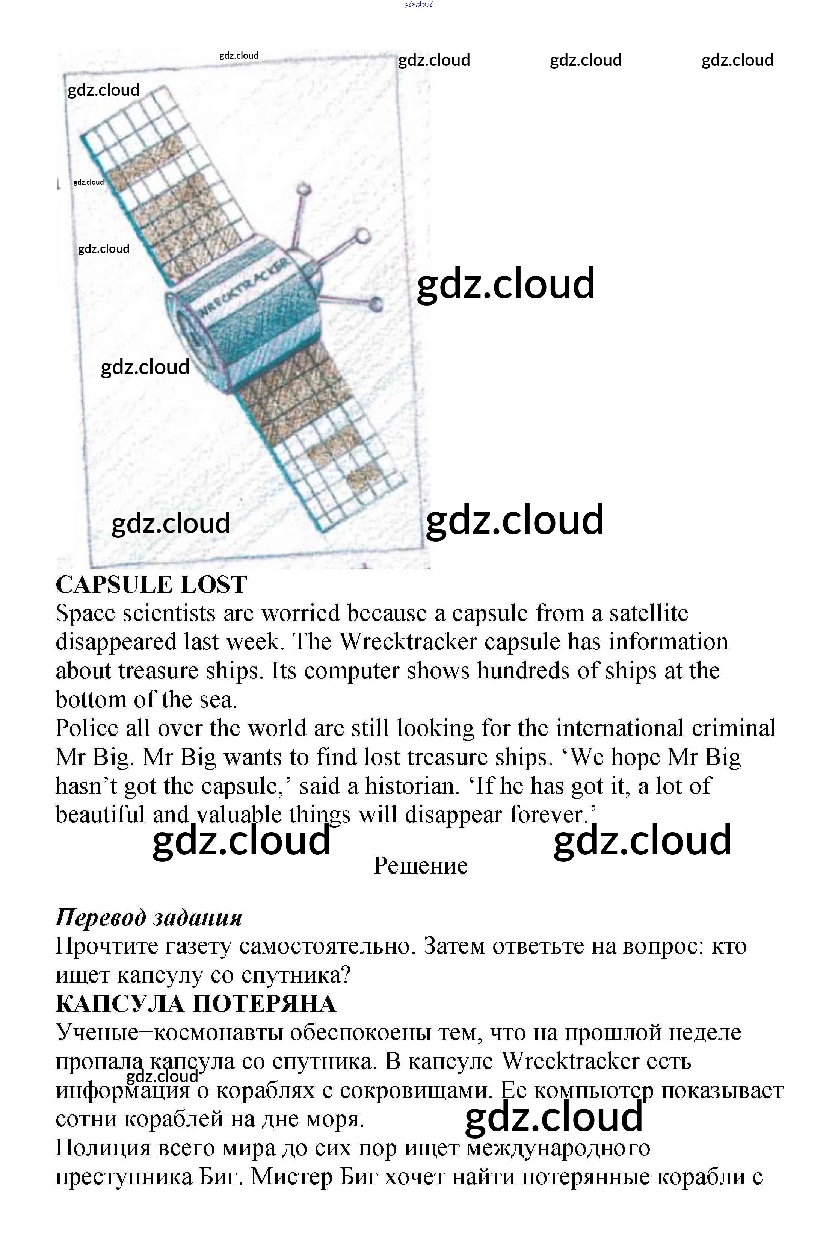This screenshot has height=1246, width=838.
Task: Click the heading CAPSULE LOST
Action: [x=151, y=584]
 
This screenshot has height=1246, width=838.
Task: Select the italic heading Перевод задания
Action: [x=149, y=917]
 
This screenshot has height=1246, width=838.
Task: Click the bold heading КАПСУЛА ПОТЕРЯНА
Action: [x=196, y=1004]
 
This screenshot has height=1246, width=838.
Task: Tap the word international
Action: [x=619, y=728]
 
